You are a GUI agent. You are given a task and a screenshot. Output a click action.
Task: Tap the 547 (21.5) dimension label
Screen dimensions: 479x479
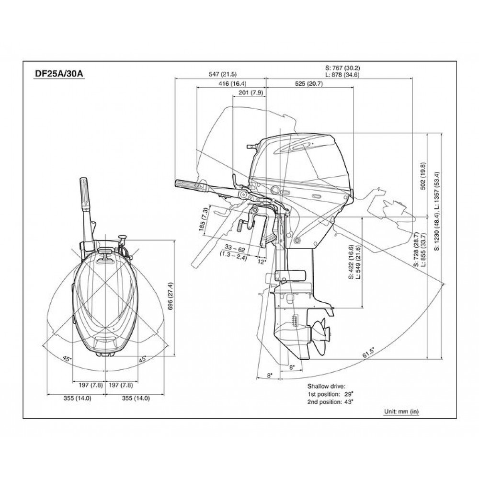click(x=222, y=74)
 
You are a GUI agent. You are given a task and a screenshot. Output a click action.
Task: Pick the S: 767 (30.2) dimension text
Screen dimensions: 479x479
click(x=341, y=68)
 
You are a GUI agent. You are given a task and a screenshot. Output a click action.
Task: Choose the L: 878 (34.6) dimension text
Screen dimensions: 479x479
click(x=341, y=75)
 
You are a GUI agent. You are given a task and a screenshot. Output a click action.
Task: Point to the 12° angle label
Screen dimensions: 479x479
click(x=262, y=262)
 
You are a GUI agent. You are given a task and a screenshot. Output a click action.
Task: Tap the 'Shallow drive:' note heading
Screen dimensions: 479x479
click(x=326, y=386)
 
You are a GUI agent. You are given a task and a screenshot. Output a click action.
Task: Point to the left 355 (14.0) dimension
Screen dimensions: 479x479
click(x=77, y=398)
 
